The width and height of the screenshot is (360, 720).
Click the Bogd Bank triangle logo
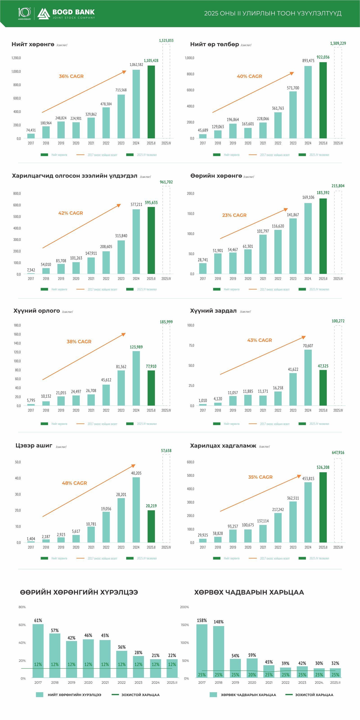pyautogui.click(x=44, y=14)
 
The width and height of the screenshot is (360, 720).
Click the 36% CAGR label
pyautogui.click(x=71, y=76)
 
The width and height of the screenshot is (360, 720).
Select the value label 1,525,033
pyautogui.click(x=166, y=41)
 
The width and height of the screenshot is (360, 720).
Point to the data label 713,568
pyautogui.click(x=121, y=90)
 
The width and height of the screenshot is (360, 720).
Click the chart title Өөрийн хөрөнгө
pyautogui.click(x=216, y=176)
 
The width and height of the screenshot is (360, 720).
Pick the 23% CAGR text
pyautogui.click(x=234, y=215)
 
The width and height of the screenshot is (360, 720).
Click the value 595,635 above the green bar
pyautogui.click(x=151, y=203)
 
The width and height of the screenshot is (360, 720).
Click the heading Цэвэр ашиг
pyautogui.click(x=34, y=446)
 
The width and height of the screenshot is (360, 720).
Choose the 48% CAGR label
pyautogui.click(x=74, y=483)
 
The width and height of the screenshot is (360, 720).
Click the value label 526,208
pyautogui.click(x=323, y=467)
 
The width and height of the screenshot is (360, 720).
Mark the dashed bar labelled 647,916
pyautogui.click(x=338, y=500)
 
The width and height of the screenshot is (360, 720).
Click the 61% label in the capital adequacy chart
pyautogui.click(x=38, y=621)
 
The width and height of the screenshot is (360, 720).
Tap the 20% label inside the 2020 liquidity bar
pyautogui.click(x=252, y=675)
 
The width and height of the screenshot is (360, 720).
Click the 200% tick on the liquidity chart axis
pyautogui.click(x=184, y=607)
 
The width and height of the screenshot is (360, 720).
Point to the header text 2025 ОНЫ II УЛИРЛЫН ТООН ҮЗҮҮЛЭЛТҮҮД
pyautogui.click(x=272, y=14)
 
